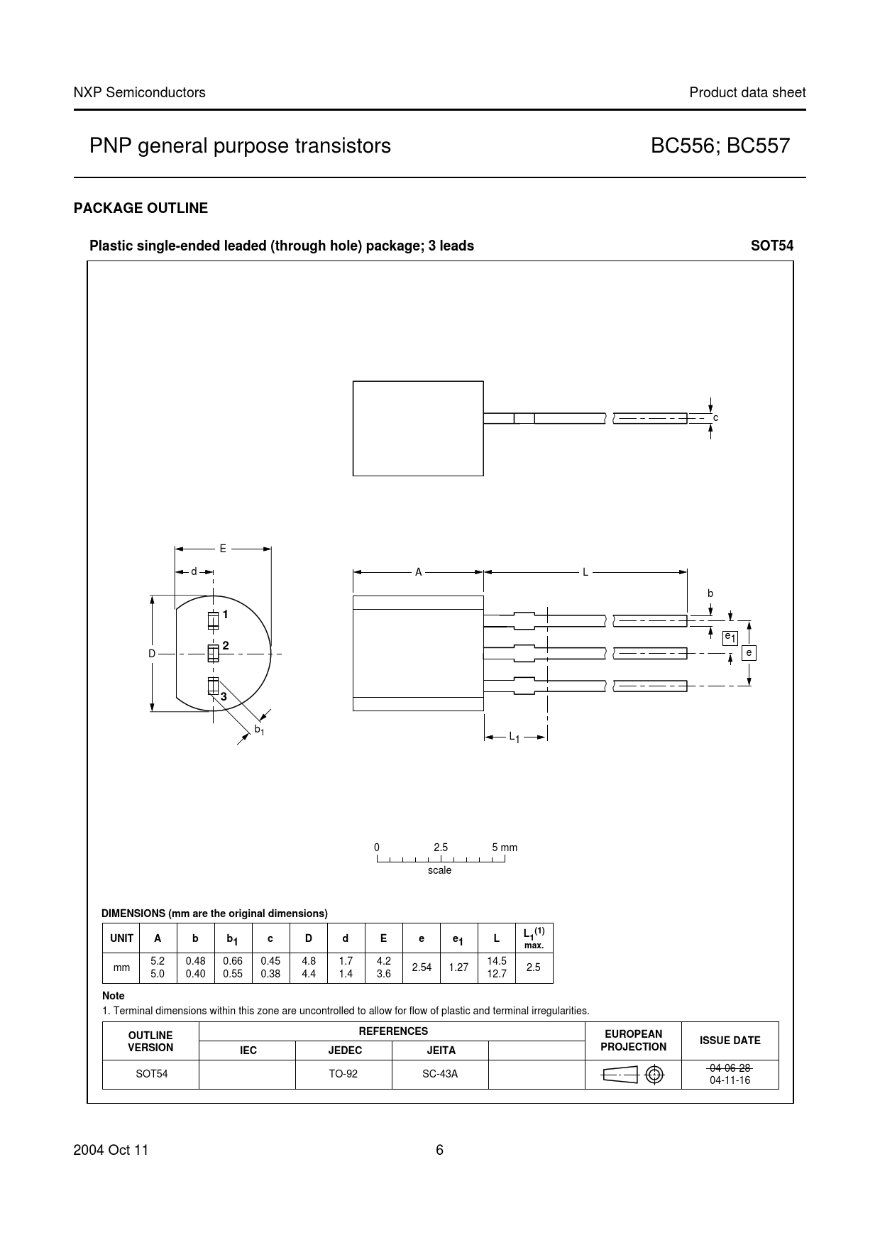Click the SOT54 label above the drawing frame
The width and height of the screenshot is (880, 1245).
pos(772,246)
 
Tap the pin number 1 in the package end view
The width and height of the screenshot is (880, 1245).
pos(225,614)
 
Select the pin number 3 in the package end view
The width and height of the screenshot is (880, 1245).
pos(224,697)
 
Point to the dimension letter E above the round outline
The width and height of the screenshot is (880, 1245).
pos(223,549)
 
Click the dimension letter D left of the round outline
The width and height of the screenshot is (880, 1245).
pos(152,653)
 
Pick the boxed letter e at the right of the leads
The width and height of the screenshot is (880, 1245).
pos(749,652)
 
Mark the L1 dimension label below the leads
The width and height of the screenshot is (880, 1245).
pos(515,737)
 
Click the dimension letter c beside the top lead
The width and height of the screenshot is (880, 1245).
pos(716,417)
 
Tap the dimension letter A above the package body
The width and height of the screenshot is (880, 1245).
pos(419,571)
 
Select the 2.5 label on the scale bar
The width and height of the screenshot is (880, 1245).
pos(441,848)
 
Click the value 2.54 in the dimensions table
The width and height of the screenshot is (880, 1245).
pos(422,967)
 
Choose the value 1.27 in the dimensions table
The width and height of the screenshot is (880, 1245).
pos(458,967)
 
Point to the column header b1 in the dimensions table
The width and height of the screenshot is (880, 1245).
pos(232,939)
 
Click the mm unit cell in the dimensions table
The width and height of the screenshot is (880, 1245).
pos(121,967)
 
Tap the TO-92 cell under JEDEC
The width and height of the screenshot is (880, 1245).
pos(343,1074)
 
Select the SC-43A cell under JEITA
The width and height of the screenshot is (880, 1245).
pos(440,1074)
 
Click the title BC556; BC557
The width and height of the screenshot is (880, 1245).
pos(720,146)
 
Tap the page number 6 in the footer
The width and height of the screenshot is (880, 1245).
pos(439,1150)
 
